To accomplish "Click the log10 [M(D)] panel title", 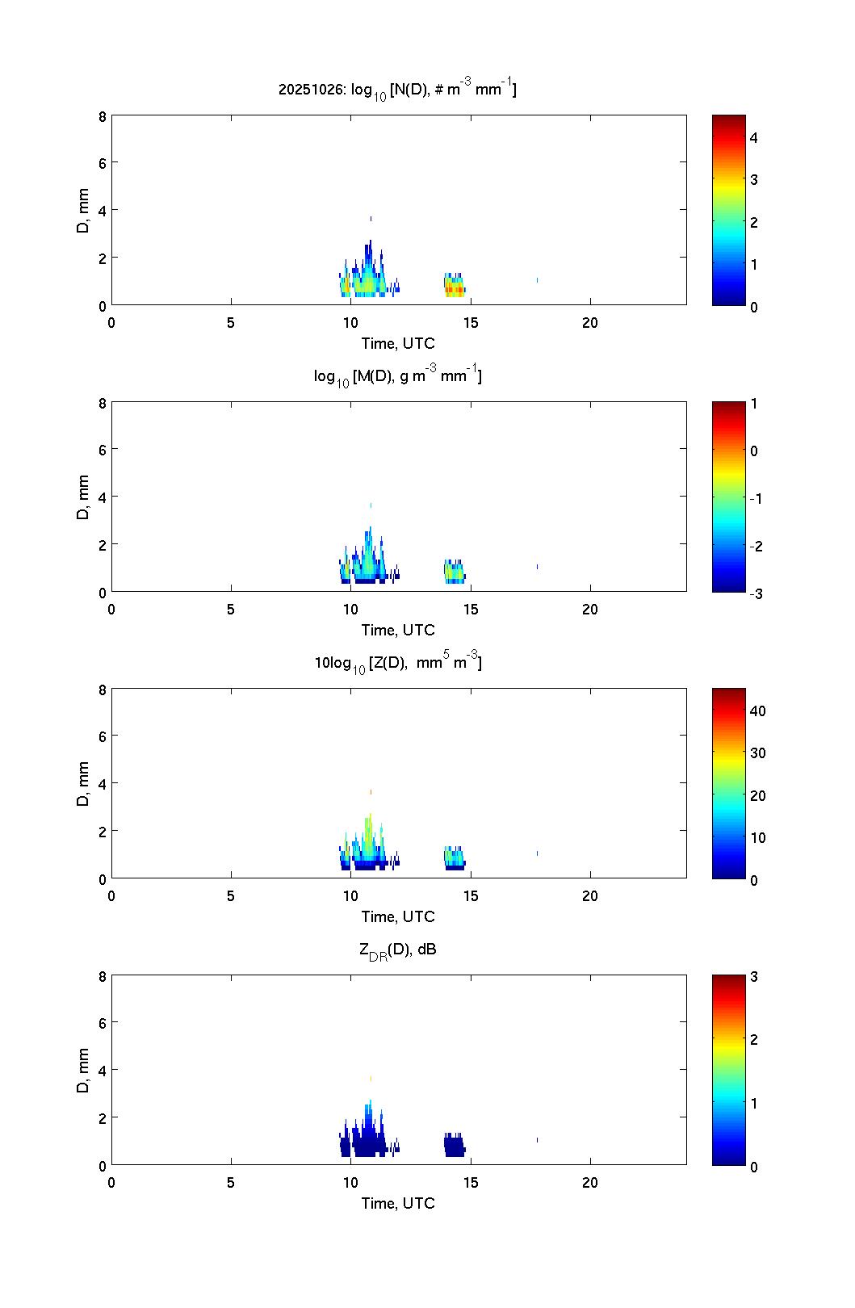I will (397, 376).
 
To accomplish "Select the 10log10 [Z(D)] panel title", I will (397, 663).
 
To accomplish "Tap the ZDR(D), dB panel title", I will (397, 950).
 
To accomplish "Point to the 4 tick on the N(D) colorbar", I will (754, 137).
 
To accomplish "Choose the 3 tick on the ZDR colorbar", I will (754, 976).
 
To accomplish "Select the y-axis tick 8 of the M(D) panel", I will (102, 403).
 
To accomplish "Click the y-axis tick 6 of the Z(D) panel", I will (102, 736).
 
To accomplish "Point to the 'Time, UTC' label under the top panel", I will (398, 343).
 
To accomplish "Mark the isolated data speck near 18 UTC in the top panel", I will (537, 280).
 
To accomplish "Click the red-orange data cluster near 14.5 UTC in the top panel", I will (455, 288).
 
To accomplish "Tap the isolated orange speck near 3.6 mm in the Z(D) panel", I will (371, 792).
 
